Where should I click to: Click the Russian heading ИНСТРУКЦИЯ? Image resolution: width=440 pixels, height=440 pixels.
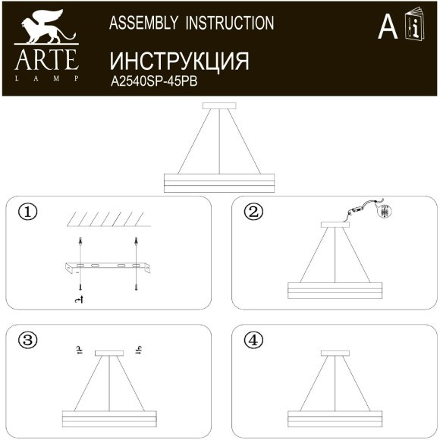click(179, 61)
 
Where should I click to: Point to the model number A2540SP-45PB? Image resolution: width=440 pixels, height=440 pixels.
click(154, 83)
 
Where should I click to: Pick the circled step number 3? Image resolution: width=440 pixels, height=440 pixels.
click(27, 340)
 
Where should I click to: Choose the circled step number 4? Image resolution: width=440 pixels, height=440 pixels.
click(253, 340)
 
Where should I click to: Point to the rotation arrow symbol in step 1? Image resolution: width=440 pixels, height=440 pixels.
click(78, 302)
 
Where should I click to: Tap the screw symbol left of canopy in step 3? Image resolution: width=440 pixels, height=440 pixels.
click(79, 349)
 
